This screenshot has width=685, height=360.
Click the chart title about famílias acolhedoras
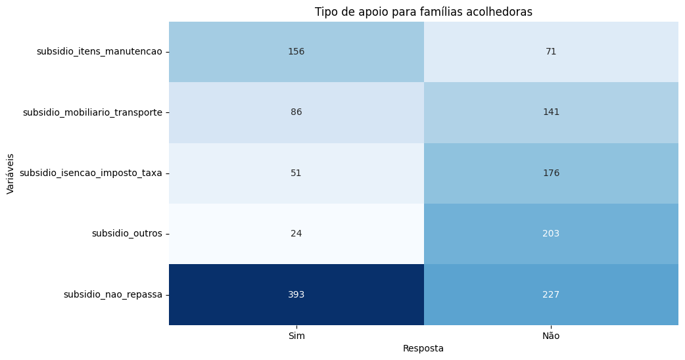pos(423,12)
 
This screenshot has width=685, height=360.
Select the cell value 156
pos(296,52)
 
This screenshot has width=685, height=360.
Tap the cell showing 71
pos(551,52)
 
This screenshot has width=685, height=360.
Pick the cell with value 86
pos(296,112)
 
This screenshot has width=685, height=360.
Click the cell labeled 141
pos(551,112)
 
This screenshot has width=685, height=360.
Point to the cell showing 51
pos(296,173)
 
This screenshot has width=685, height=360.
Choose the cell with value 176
pos(551,173)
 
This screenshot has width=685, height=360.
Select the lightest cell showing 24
pos(296,234)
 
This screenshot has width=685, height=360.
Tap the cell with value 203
pos(551,234)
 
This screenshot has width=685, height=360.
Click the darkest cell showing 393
pos(296,294)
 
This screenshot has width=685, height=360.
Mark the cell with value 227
pos(551,294)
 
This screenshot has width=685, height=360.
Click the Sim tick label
pos(296,336)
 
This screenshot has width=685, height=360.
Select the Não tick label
pos(551,336)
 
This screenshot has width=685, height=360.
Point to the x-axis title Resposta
pos(423,349)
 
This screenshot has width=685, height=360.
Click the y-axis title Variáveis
pos(11,173)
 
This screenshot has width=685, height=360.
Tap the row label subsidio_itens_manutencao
pos(99,52)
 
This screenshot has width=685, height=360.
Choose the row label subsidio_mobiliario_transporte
pos(93,112)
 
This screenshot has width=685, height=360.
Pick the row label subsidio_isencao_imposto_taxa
pos(91,173)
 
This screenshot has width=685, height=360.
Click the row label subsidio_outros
pos(127,234)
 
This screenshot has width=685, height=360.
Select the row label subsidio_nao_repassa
pos(113,294)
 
